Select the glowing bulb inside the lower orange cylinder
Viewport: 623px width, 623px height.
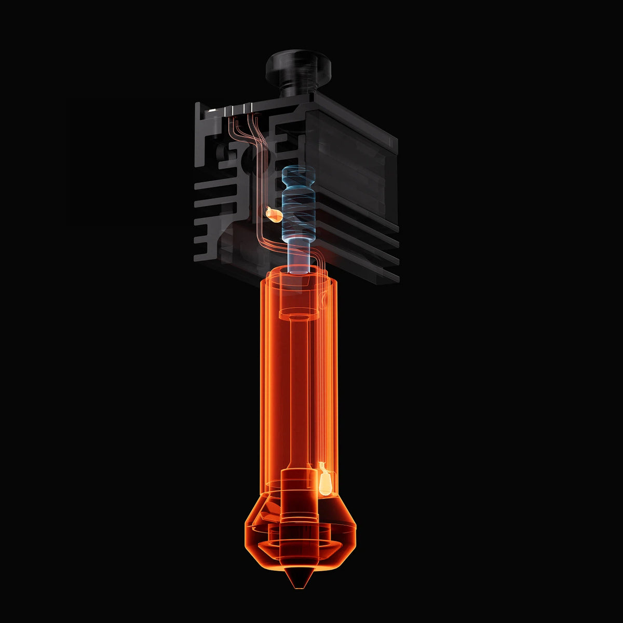click(325, 480)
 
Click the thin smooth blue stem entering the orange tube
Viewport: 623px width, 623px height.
click(299, 257)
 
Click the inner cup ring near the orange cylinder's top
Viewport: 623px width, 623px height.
click(299, 314)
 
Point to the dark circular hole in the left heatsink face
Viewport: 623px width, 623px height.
click(228, 153)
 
